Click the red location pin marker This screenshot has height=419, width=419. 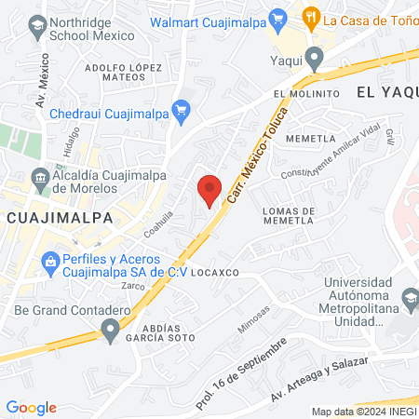click(210, 189)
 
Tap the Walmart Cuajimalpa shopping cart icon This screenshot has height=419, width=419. click(277, 18)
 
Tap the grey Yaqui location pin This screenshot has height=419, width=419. click(316, 61)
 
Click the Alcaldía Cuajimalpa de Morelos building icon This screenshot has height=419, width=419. click(40, 177)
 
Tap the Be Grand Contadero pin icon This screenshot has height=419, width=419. click(110, 329)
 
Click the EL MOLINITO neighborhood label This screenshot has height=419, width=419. click(306, 95)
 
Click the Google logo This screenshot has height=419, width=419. click(31, 407)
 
